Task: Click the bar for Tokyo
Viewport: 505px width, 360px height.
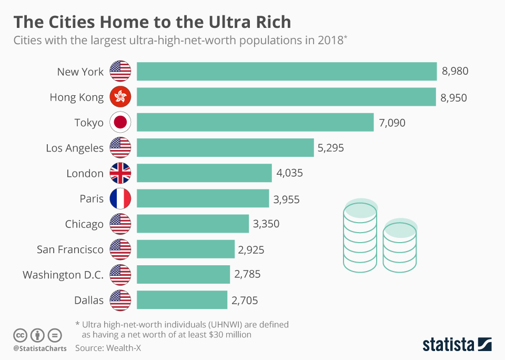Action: pyautogui.click(x=255, y=123)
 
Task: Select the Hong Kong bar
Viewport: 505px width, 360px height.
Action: pyautogui.click(x=286, y=97)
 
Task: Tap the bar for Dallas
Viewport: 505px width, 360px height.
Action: pyautogui.click(x=182, y=301)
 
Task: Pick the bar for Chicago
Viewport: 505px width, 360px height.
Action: pyautogui.click(x=193, y=224)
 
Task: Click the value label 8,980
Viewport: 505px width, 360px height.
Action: pyautogui.click(x=455, y=72)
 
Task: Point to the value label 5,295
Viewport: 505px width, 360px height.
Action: pyautogui.click(x=330, y=148)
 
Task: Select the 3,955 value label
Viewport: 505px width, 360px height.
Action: pyautogui.click(x=287, y=199)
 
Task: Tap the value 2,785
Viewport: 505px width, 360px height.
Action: pyautogui.click(x=247, y=274)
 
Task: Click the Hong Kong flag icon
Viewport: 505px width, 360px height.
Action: pyautogui.click(x=120, y=97)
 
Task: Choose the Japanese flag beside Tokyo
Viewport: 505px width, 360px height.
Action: pyautogui.click(x=120, y=123)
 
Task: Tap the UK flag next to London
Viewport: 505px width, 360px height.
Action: pyautogui.click(x=120, y=173)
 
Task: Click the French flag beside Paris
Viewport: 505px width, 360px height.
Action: pyautogui.click(x=120, y=199)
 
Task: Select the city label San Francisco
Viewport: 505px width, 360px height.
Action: pyautogui.click(x=70, y=249)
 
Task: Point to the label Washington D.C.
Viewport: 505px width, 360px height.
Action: pyautogui.click(x=63, y=275)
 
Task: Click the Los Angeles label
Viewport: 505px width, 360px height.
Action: pyautogui.click(x=75, y=148)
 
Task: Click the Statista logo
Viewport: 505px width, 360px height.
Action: pyautogui.click(x=457, y=344)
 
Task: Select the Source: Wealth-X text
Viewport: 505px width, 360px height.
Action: pyautogui.click(x=108, y=348)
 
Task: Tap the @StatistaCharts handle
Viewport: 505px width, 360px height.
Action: pyautogui.click(x=40, y=348)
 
